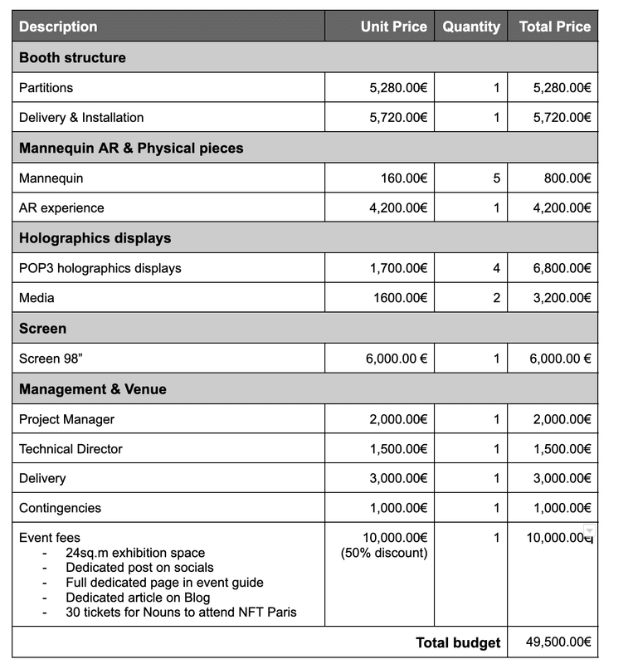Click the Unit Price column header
point(393,27)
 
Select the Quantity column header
point(471,27)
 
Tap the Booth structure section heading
point(73,57)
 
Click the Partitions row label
point(46,88)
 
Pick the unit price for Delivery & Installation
point(398,118)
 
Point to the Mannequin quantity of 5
point(496,178)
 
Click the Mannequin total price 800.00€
point(562,178)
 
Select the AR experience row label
point(61,207)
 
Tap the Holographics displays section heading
point(95,238)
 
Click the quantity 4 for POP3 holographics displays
point(496,268)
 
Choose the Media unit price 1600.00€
point(402,298)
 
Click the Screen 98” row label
point(51,359)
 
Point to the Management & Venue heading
point(93,389)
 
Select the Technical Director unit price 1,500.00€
point(398,449)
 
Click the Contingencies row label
point(60,508)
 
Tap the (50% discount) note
point(384,553)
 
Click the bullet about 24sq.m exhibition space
point(135,553)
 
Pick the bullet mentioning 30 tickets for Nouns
point(181,613)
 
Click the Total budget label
point(458,642)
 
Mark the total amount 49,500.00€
point(558,642)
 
